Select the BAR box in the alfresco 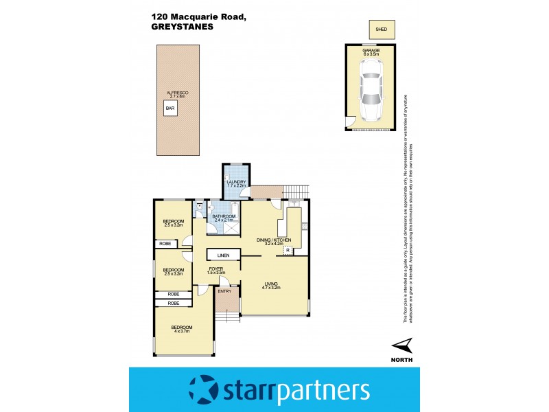[x=170, y=108]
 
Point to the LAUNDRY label [x=236, y=182]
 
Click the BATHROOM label [x=224, y=217]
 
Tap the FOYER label [x=216, y=268]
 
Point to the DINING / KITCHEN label [x=274, y=239]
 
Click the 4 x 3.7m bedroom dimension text [x=182, y=331]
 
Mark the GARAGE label [x=371, y=49]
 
